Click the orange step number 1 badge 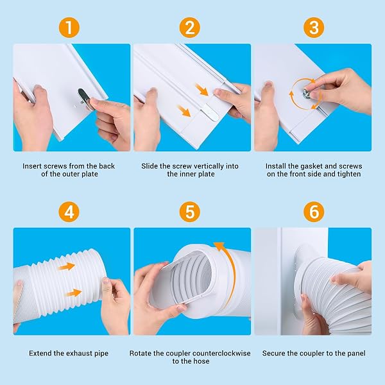point(69,27)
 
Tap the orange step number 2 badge point(190,27)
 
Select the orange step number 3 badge point(314,27)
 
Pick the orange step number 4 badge point(69,212)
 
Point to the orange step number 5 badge point(190,212)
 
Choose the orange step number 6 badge point(314,212)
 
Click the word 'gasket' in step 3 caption point(298,166)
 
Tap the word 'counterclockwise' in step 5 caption point(208,354)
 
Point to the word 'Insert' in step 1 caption point(33,166)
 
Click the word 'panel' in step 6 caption point(356,354)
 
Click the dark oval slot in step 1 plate point(83,96)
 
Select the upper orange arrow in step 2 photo point(202,89)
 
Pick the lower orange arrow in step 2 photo point(184,111)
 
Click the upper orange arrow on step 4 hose point(67,266)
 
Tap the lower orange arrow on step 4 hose point(74,293)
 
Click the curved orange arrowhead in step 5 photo point(219,246)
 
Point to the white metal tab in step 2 point(211,113)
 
